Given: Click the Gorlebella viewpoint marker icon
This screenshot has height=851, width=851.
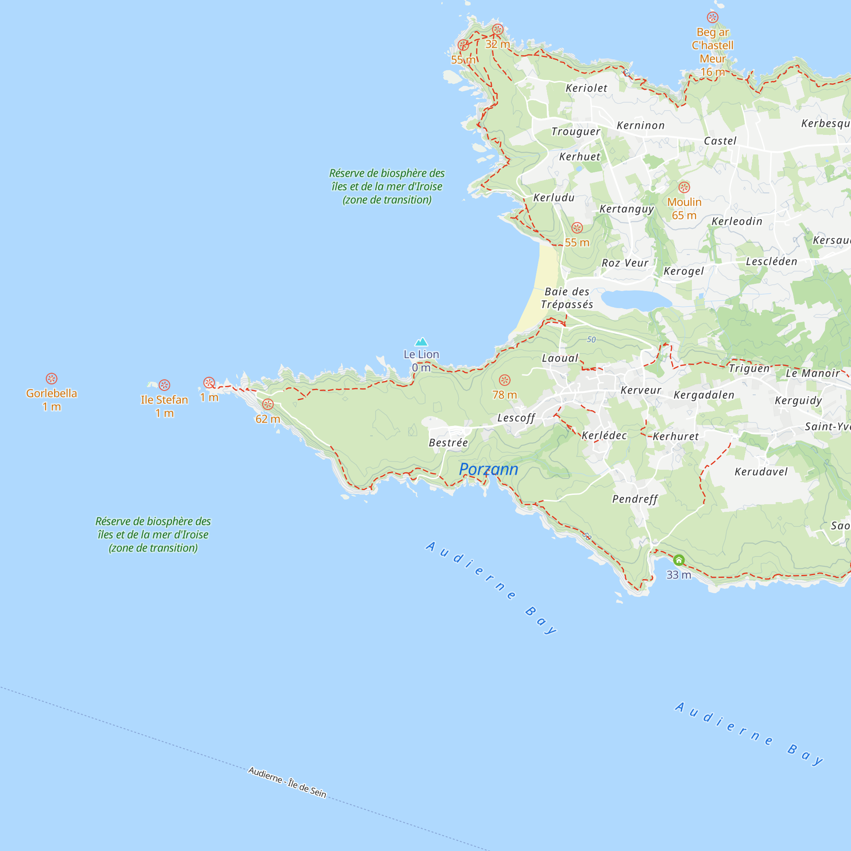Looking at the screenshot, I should coord(51,378).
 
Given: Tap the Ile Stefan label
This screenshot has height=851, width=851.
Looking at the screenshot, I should coord(164,400).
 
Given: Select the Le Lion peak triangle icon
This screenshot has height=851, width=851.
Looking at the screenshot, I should coord(422,342).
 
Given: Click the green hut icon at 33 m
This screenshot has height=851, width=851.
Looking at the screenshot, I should coord(679,560).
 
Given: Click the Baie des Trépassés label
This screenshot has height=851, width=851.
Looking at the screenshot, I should coord(567,298).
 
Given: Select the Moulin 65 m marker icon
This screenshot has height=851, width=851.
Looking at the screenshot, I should coord(684,187).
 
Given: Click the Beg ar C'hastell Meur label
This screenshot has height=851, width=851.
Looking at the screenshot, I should coord(713,46).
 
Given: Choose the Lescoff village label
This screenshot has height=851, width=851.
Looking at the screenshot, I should coord(516,417).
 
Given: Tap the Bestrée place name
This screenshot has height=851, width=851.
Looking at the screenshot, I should coord(448,443).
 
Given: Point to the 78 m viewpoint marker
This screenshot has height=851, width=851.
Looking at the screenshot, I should coord(505,380).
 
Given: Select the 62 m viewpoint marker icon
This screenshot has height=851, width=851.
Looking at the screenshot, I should coord(268,404).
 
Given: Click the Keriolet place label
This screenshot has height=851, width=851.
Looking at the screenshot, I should coord(586,88).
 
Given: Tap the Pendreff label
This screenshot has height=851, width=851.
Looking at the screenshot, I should coord(635,499).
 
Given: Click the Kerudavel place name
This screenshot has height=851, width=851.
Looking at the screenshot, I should coord(761,472).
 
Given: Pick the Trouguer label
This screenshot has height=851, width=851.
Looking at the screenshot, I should coord(576,132).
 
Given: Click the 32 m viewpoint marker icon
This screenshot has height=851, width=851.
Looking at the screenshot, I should coord(498,29).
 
